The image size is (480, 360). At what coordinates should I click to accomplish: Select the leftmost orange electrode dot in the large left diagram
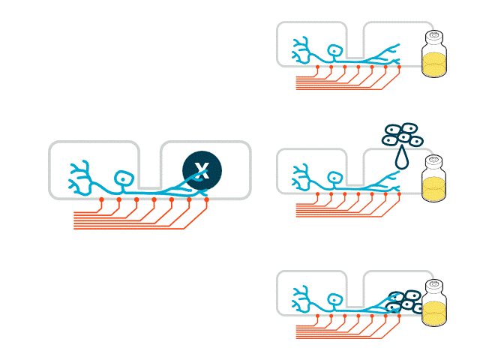click(101, 200)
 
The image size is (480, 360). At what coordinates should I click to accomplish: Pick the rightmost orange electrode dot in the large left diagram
click(206, 200)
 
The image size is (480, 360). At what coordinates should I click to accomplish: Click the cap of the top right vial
click(433, 37)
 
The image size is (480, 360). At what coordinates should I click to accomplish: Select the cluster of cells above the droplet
click(403, 134)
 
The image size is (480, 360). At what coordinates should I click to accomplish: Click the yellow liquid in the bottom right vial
click(433, 313)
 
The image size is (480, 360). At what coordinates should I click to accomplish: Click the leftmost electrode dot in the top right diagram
click(318, 67)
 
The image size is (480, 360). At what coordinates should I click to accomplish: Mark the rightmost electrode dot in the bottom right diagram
click(399, 316)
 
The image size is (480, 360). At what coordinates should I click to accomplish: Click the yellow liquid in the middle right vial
click(433, 189)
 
